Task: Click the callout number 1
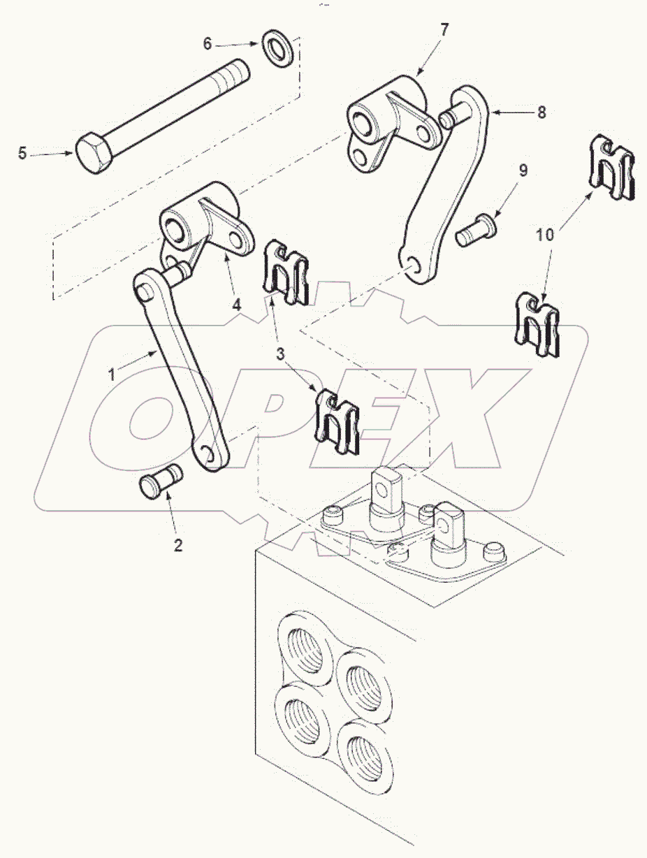[111, 374]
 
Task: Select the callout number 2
[178, 546]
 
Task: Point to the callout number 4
[237, 305]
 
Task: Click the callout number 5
[22, 153]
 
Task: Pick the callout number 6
[207, 43]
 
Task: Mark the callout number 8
[542, 111]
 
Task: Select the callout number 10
[546, 235]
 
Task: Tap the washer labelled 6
[279, 48]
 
